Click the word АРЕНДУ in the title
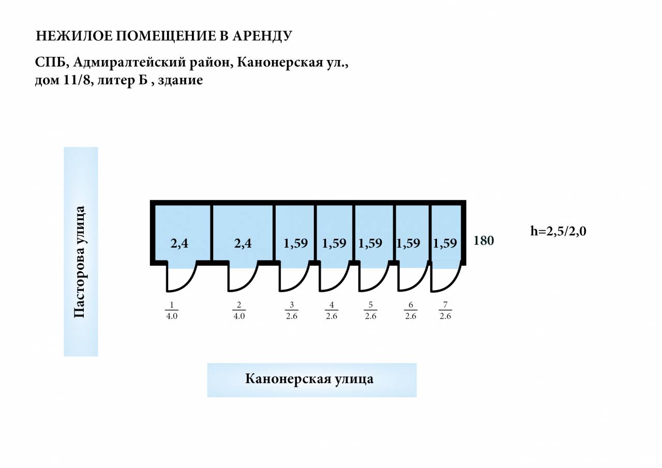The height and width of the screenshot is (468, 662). point(262,36)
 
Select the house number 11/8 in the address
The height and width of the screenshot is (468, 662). point(77,80)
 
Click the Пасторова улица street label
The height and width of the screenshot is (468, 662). point(79,262)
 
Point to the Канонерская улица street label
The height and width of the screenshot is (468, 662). point(309,379)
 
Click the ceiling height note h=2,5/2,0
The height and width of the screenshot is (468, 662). point(558,231)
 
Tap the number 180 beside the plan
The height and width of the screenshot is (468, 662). point(484,241)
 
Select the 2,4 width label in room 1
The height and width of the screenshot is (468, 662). point(179,244)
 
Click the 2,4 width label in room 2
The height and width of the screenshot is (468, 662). point(243,244)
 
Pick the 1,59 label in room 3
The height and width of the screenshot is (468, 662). point(295,244)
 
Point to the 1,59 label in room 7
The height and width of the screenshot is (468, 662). point(445,244)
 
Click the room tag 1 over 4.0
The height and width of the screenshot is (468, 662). point(171,310)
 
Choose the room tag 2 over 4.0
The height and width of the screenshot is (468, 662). point(239,310)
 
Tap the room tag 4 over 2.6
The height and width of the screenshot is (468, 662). point(332,310)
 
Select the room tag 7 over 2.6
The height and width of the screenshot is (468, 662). point(445,310)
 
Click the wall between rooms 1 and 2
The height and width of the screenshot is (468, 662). point(212,233)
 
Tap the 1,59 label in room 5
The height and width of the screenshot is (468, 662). point(370,244)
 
